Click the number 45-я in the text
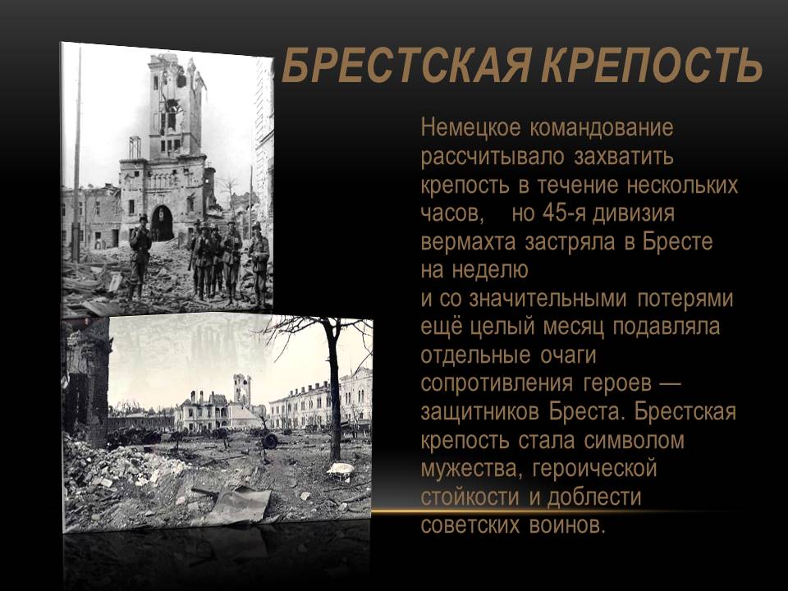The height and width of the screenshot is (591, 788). (x=563, y=213)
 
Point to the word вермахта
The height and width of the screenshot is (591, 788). (x=468, y=242)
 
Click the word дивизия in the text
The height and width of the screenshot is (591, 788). (x=634, y=214)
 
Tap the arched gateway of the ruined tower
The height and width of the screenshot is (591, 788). (x=162, y=223)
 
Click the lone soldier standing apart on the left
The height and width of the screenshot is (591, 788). (x=140, y=258)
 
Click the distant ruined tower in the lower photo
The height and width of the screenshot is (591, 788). (x=241, y=390)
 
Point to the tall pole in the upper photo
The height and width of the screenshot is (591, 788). (x=77, y=156)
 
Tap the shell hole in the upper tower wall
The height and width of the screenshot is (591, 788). (x=172, y=106)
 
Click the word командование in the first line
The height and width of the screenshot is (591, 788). (x=602, y=128)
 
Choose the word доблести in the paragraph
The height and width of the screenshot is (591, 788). (x=594, y=497)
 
